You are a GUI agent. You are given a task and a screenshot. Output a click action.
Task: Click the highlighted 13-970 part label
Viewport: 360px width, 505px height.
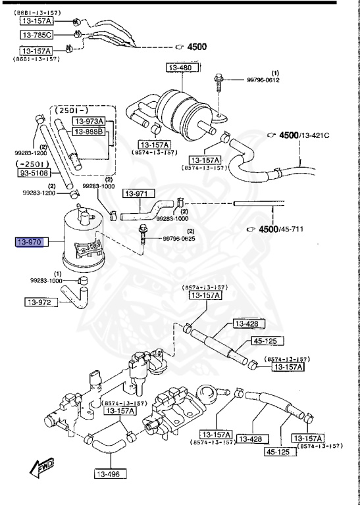[x=29, y=243]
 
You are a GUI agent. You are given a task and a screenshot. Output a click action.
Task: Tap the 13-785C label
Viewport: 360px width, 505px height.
[x=38, y=34]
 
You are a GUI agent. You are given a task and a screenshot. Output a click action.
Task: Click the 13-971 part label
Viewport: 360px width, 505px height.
[x=142, y=194]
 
